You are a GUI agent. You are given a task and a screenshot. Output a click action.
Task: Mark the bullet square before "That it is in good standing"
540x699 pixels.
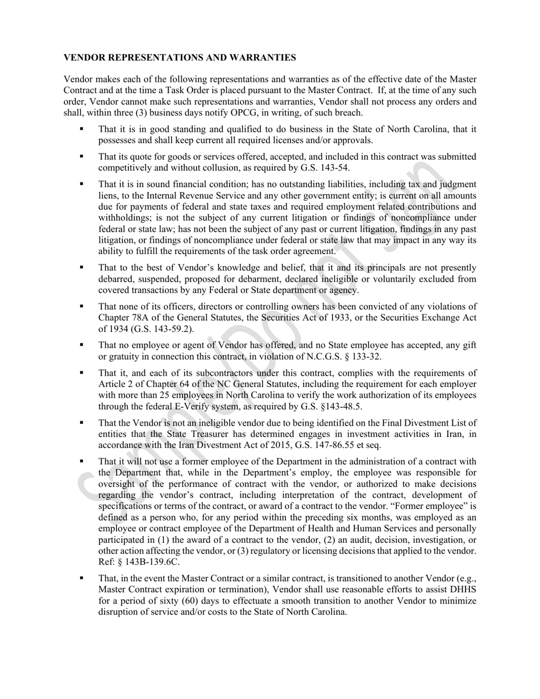point(81,129)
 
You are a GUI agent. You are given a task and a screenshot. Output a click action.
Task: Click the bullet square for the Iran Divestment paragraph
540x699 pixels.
point(81,423)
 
